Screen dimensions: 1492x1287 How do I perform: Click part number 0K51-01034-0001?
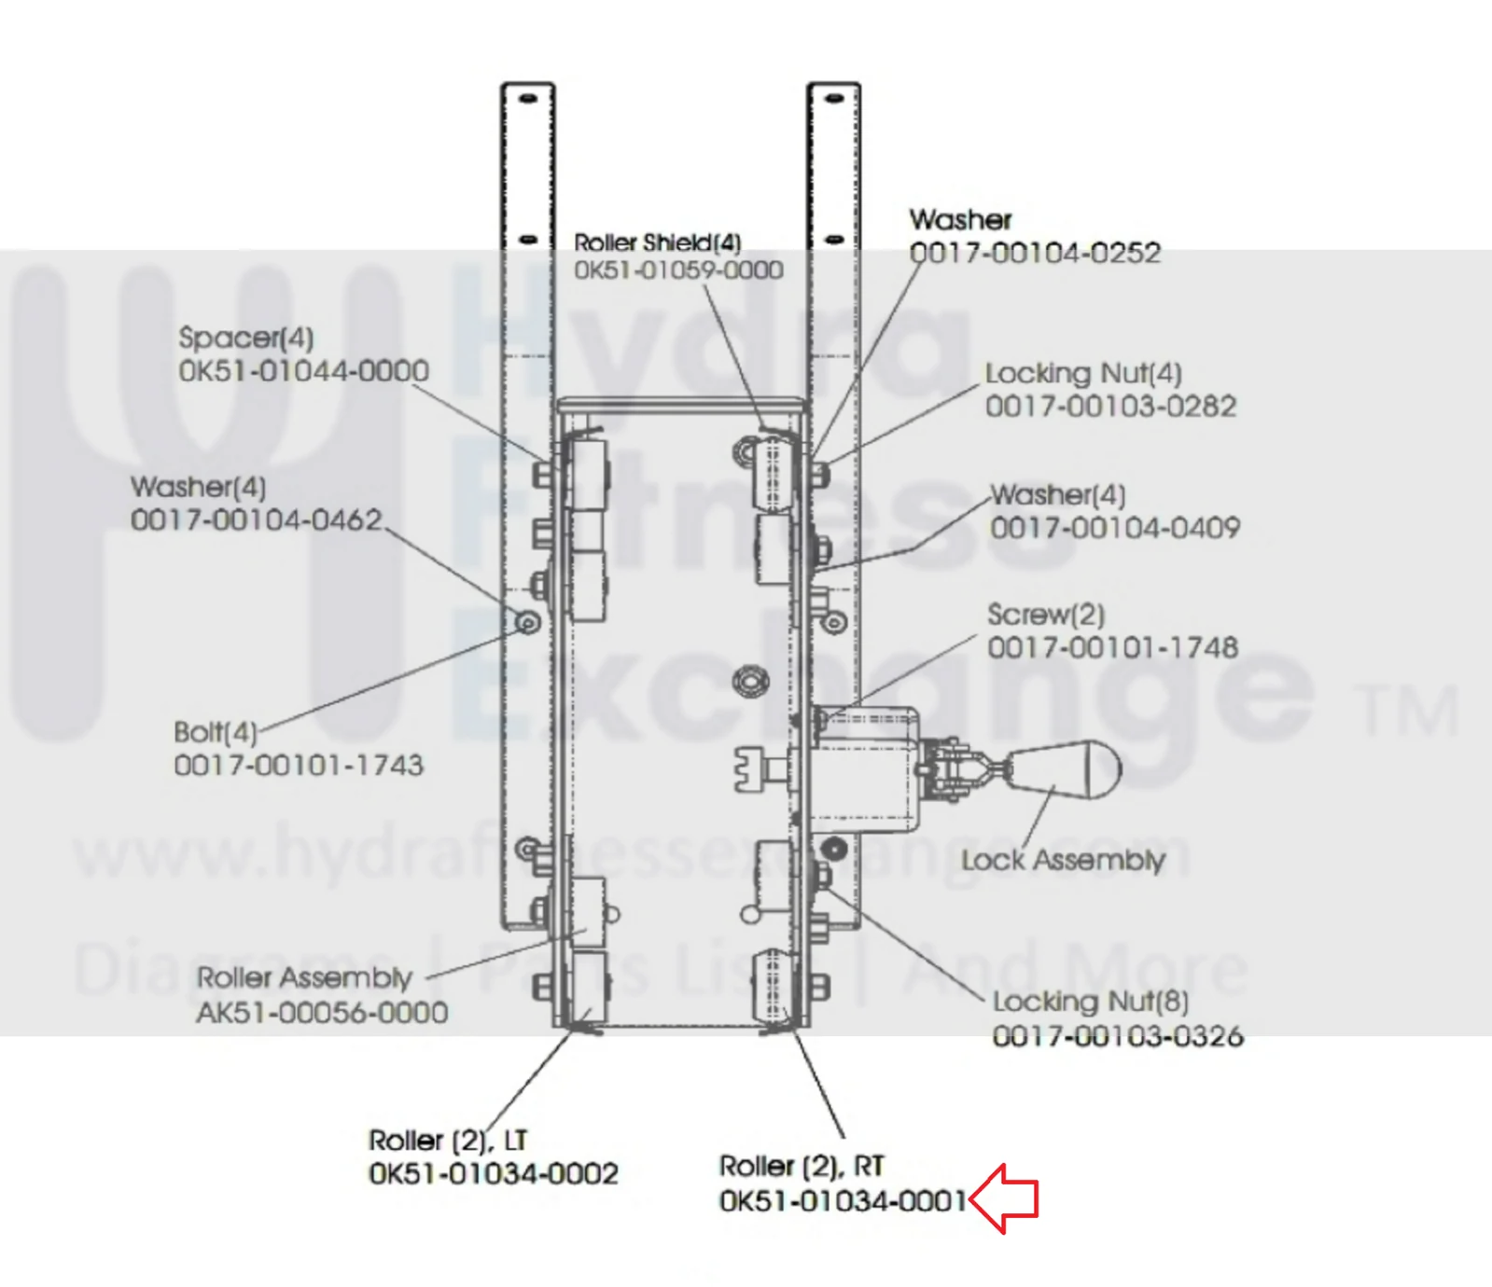click(x=843, y=1200)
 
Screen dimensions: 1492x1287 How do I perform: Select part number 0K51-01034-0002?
click(x=494, y=1173)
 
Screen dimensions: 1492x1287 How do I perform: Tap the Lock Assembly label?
click(x=1063, y=860)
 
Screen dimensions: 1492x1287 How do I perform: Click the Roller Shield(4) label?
click(x=658, y=242)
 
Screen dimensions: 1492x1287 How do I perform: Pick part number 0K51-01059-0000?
click(x=678, y=270)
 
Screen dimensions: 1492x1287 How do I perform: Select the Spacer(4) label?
click(x=246, y=338)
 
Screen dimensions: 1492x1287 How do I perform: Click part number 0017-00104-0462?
click(x=257, y=519)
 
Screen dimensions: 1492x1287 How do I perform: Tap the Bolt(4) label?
click(x=216, y=732)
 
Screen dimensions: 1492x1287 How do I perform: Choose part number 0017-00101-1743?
click(x=299, y=766)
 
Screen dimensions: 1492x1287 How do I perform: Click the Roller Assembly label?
click(x=304, y=978)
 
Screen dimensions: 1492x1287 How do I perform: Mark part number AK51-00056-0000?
click(x=322, y=1013)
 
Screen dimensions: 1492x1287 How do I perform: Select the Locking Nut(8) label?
click(x=1091, y=1003)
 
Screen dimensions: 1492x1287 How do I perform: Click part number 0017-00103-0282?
click(x=1111, y=407)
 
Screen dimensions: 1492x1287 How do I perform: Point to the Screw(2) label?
click(x=1046, y=615)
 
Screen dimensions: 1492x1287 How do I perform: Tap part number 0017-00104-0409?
click(x=1115, y=528)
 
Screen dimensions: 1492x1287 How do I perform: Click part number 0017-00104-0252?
click(x=1035, y=253)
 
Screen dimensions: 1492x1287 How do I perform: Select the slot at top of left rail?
click(x=528, y=98)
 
